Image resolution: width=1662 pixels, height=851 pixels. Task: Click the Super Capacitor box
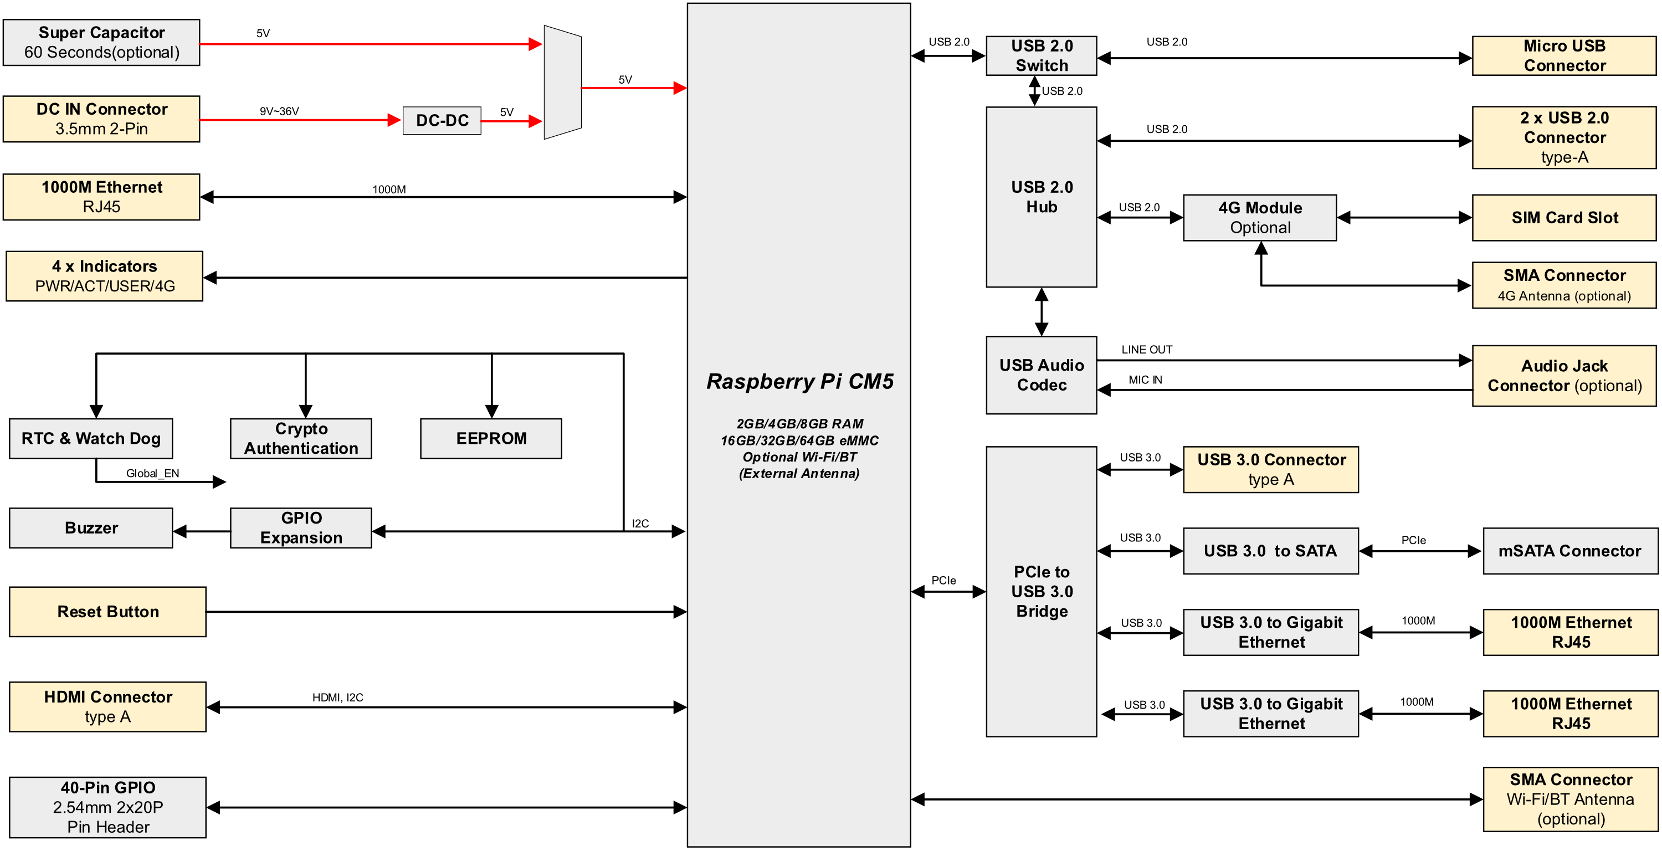[x=101, y=43]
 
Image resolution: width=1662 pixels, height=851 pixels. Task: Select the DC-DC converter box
[x=442, y=121]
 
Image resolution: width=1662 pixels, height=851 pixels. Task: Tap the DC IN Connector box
[x=101, y=119]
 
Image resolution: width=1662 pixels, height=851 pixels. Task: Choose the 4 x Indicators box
[x=105, y=276]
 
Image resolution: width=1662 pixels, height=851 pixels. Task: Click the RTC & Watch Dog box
[x=91, y=439]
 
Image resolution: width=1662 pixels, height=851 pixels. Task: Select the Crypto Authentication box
[x=301, y=439]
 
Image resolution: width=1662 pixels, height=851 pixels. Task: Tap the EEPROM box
[x=491, y=439]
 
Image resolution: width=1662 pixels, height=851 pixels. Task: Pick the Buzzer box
[x=91, y=528]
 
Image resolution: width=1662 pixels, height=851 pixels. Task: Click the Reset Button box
[x=107, y=612]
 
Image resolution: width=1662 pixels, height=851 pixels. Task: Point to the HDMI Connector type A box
[x=107, y=706]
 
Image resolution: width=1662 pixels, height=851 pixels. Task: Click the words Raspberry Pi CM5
[x=800, y=381]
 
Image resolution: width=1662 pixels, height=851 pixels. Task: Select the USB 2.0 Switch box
[x=1042, y=55]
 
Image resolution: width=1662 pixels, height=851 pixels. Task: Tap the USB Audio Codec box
[x=1042, y=375]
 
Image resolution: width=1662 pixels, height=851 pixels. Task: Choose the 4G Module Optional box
[x=1259, y=217]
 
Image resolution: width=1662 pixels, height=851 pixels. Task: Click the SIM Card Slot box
[x=1564, y=217]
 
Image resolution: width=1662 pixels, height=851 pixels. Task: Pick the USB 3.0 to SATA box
[x=1270, y=551]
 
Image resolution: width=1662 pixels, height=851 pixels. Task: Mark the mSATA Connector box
[x=1569, y=551]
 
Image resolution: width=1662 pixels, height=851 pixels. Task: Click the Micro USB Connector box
[x=1564, y=55]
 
